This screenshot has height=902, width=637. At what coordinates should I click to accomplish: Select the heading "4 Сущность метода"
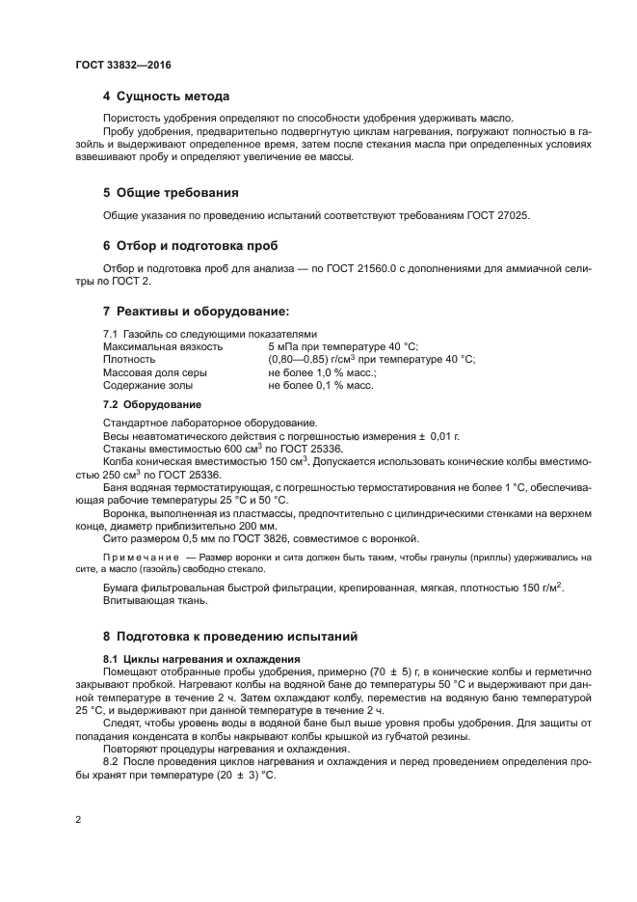[x=166, y=96]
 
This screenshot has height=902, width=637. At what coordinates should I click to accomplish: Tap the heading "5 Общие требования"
[x=172, y=193]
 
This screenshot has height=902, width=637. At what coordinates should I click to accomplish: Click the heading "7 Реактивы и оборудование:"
[x=196, y=312]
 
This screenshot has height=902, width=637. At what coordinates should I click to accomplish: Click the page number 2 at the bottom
[x=78, y=819]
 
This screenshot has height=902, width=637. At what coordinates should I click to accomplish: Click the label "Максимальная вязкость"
[x=162, y=346]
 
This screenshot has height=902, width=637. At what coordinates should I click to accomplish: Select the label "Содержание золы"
[x=150, y=385]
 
